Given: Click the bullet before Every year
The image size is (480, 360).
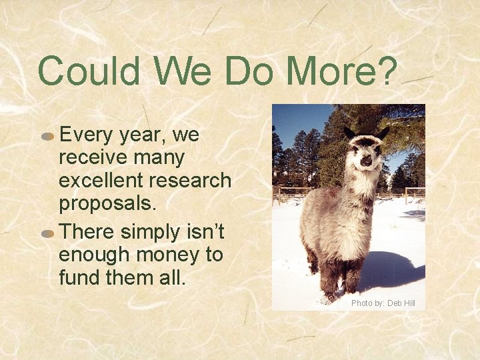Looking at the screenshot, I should coord(47,136).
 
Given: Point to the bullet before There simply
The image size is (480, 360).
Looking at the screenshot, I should coord(47,233).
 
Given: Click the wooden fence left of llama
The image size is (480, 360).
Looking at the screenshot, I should coord(290,193).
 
